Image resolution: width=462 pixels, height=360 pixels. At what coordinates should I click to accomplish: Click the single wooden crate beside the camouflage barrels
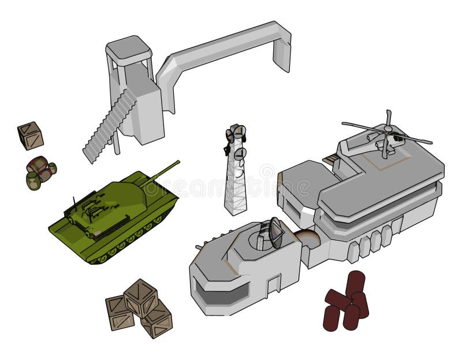click(30, 136)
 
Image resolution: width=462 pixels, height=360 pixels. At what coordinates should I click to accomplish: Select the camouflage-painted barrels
click(40, 172)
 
